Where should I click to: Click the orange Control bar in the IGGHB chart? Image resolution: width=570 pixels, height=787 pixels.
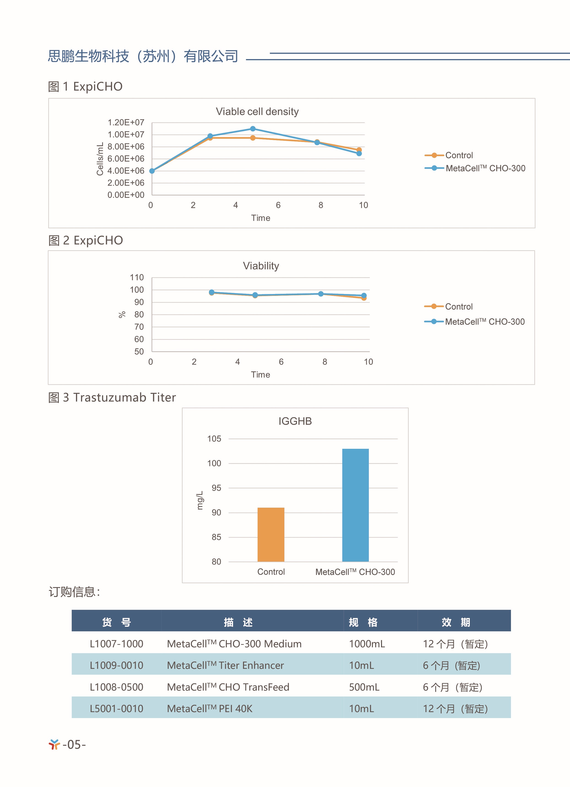click(x=271, y=534)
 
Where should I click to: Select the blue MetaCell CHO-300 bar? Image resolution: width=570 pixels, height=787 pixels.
click(x=355, y=505)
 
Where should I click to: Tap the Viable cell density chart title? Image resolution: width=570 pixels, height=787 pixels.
click(x=257, y=111)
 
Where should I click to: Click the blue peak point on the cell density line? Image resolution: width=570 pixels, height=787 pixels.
click(x=253, y=129)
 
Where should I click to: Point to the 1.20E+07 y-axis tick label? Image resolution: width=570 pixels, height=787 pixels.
click(x=126, y=123)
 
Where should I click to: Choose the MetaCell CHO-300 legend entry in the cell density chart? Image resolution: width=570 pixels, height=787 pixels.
click(x=475, y=168)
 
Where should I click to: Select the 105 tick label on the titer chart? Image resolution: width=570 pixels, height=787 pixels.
click(x=214, y=439)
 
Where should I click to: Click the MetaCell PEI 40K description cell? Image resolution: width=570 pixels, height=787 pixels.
click(x=210, y=709)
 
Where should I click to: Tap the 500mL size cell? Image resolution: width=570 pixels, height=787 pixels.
click(x=364, y=687)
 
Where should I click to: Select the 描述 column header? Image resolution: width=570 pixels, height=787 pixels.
click(x=238, y=622)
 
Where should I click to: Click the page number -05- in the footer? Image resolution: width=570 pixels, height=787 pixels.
click(x=74, y=744)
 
